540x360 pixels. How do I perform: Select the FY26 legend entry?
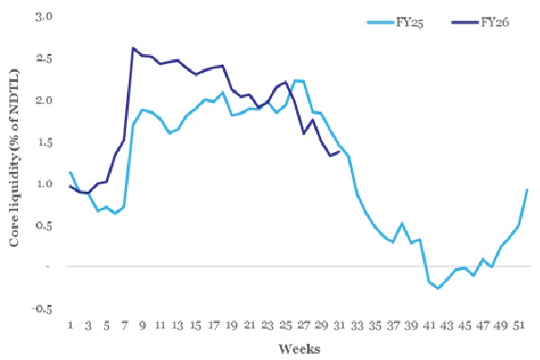point(494,22)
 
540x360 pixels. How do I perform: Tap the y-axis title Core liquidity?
point(14,166)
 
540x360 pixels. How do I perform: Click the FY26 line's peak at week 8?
point(133,49)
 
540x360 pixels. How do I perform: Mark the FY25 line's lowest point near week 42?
point(437,288)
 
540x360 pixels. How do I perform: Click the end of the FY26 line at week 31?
point(338,152)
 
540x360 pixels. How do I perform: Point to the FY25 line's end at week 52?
point(526,190)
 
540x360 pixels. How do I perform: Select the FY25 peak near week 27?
point(298,81)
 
